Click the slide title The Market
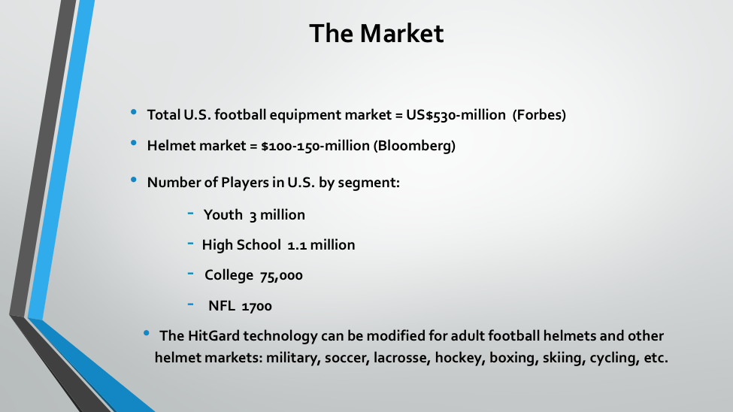(377, 33)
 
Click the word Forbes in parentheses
(539, 115)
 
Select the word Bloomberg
(414, 146)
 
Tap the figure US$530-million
(456, 115)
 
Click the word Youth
(223, 215)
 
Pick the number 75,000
(281, 275)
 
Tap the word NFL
(222, 306)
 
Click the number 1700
(256, 306)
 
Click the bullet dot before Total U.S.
(134, 112)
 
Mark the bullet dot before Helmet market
(134, 143)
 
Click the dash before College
(190, 273)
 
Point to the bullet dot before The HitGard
(147, 333)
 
